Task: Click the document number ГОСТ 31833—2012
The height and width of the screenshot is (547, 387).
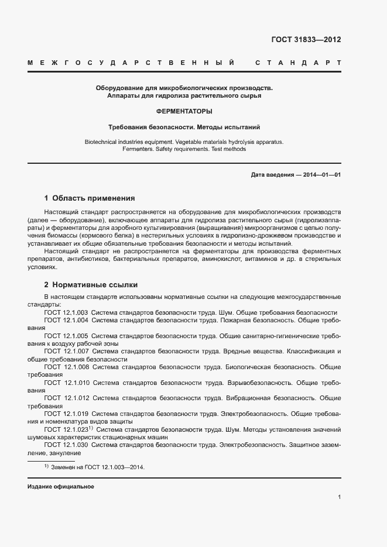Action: pyautogui.click(x=306, y=40)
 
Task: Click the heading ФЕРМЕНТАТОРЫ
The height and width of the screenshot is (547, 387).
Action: pyautogui.click(x=184, y=111)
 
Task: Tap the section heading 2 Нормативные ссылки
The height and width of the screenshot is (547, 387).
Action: pyautogui.click(x=91, y=285)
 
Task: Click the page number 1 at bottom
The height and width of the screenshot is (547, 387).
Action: pyautogui.click(x=340, y=497)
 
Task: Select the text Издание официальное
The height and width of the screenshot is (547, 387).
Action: pyautogui.click(x=60, y=487)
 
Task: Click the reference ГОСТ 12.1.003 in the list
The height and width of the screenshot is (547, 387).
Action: pyautogui.click(x=66, y=312)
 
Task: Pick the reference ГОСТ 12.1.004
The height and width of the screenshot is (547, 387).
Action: pyautogui.click(x=66, y=321)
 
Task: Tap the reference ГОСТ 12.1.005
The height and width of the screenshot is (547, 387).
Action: pyautogui.click(x=66, y=336)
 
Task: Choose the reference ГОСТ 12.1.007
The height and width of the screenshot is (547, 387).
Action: pyautogui.click(x=66, y=352)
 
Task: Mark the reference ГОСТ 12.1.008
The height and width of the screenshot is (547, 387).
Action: pyautogui.click(x=66, y=367)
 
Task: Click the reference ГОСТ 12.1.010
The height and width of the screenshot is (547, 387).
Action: pyautogui.click(x=66, y=383)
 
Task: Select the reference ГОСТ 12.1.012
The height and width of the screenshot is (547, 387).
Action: pyautogui.click(x=66, y=398)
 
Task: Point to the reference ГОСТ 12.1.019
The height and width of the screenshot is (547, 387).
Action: pyautogui.click(x=66, y=414)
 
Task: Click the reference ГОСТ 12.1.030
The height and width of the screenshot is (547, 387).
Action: pyautogui.click(x=66, y=445)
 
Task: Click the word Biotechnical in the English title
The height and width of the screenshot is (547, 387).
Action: pyautogui.click(x=103, y=142)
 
